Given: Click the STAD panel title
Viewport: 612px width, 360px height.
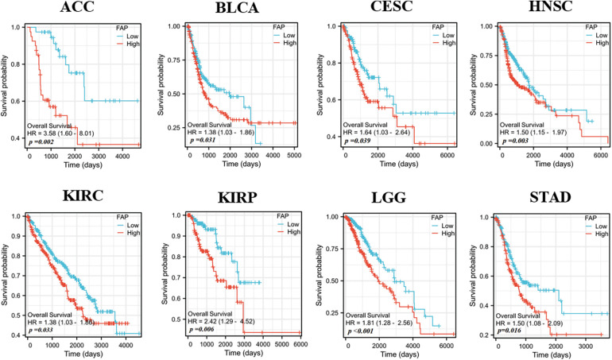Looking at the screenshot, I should click(x=533, y=195).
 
